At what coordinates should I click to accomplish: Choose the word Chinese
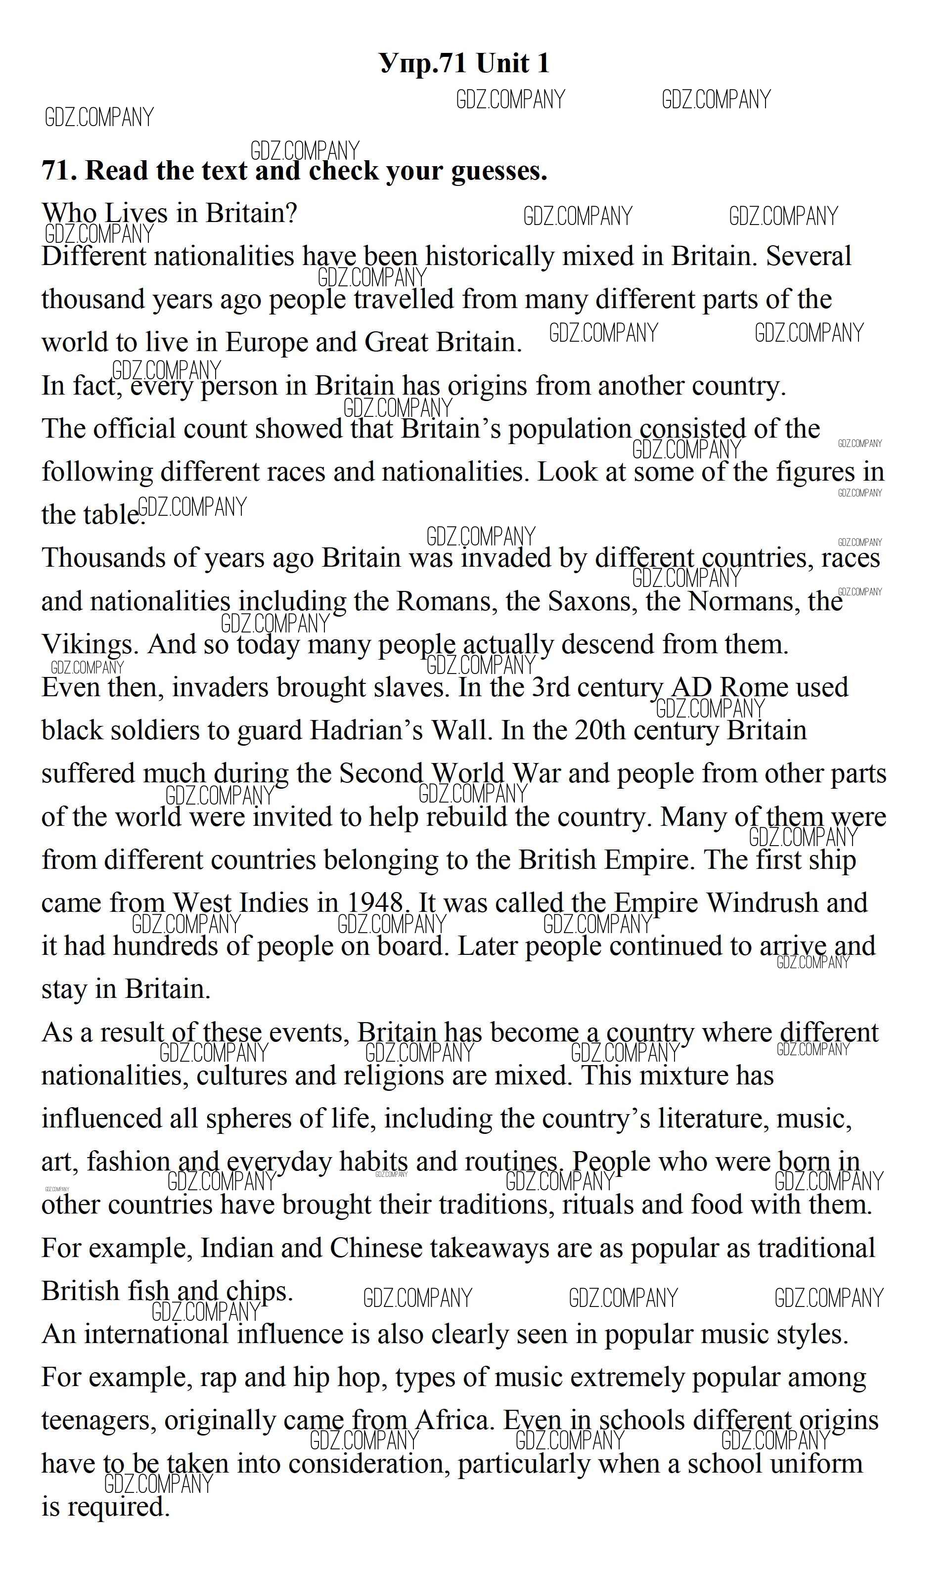point(375,1248)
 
